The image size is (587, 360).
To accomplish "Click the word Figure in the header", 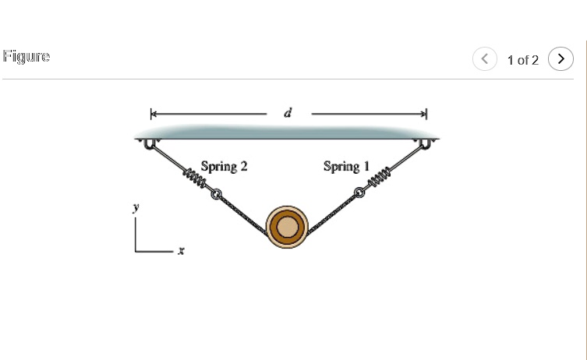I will click(27, 57).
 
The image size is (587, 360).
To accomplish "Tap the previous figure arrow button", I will click(485, 59).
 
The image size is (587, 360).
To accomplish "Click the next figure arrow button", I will click(560, 59).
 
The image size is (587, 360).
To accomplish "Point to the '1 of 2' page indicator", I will click(522, 60).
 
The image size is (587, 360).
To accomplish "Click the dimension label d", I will click(288, 114).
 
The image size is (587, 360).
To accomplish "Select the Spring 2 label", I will click(224, 166).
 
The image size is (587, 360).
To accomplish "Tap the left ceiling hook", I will click(149, 143).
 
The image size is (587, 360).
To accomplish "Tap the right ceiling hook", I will click(426, 143).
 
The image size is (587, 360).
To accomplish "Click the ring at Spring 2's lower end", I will click(216, 194).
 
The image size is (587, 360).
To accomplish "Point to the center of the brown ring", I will click(287, 227).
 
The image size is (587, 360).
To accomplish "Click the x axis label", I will click(181, 251).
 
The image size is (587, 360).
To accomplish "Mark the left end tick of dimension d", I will click(153, 114).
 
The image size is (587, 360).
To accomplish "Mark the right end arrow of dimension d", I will click(425, 114).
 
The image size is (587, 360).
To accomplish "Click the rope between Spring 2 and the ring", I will click(242, 210).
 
